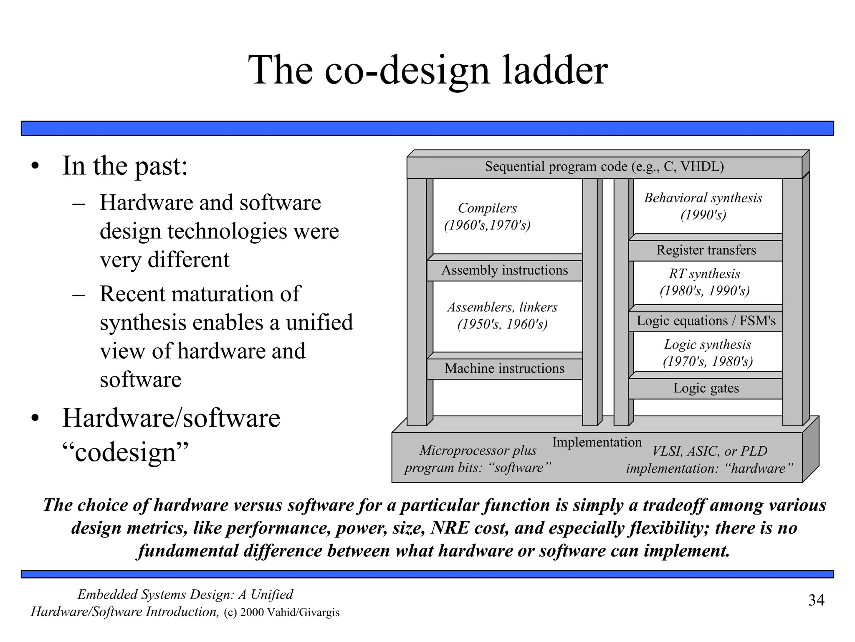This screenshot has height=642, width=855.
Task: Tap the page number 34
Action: coord(816,600)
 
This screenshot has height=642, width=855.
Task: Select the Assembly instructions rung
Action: coord(504,270)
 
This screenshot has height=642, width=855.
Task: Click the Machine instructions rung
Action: coord(504,369)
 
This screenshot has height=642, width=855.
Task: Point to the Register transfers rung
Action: coord(706,250)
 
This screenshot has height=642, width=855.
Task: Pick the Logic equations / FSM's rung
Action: coord(706,321)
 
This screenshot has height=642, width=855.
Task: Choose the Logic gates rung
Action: coord(706,388)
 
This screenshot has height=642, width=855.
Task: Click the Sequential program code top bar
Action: coord(604,167)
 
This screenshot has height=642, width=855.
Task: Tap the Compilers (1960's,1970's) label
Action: coord(487,217)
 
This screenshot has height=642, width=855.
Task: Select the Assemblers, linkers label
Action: coord(502,316)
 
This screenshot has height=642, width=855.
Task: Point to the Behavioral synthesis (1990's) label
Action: coord(703,206)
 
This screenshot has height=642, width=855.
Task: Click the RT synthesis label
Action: coord(704,282)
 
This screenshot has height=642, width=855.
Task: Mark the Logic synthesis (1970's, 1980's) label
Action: coord(707,353)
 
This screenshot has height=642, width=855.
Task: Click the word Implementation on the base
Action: coord(597,442)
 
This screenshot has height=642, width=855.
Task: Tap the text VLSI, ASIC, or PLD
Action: coord(709,451)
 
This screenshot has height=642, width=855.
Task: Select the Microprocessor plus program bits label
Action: coord(478,459)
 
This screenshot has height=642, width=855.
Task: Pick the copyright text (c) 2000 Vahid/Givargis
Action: coord(281,613)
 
